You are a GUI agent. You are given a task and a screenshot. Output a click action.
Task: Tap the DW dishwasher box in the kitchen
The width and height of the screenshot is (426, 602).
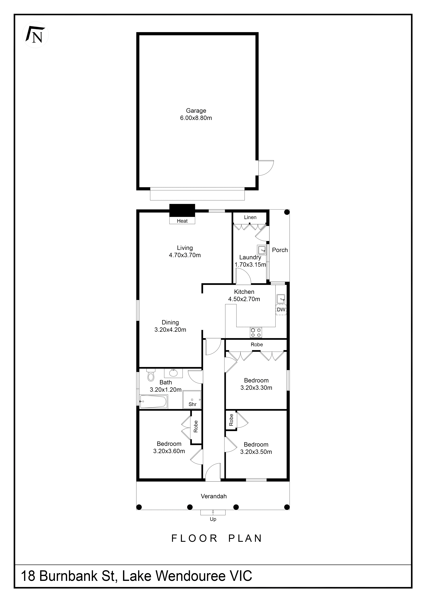pyautogui.click(x=281, y=310)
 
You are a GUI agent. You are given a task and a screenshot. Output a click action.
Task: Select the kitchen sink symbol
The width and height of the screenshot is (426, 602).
pyautogui.click(x=281, y=299)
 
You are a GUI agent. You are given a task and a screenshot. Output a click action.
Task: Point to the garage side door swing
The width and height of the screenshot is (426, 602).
pyautogui.click(x=265, y=168)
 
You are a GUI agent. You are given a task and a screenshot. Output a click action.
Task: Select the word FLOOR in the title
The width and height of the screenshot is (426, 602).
pyautogui.click(x=194, y=538)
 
